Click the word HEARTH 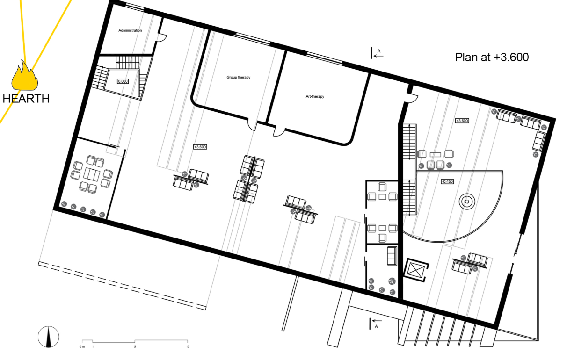(x=26, y=99)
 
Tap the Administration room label (x=130, y=30)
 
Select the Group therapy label (x=238, y=77)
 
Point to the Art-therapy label (x=312, y=97)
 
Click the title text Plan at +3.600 (x=492, y=57)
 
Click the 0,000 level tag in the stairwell (x=123, y=81)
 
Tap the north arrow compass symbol (x=49, y=337)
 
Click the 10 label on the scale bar (x=188, y=346)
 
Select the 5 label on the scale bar (x=135, y=346)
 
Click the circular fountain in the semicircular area (x=467, y=202)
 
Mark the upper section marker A (x=377, y=53)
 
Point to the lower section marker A (x=375, y=323)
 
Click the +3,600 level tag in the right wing (x=462, y=121)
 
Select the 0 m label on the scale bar (x=82, y=346)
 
